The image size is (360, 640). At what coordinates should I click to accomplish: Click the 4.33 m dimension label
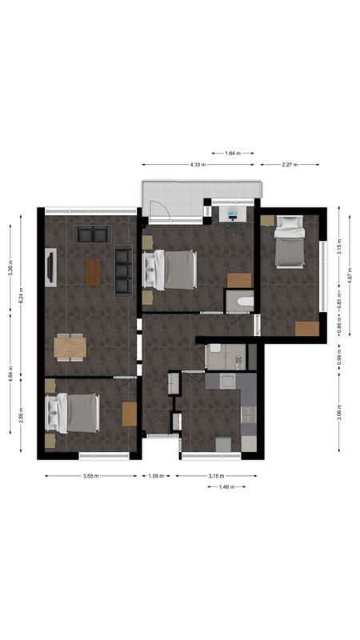[x=198, y=165]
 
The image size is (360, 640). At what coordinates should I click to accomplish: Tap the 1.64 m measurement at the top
[x=233, y=153]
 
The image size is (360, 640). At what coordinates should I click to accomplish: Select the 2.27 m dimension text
[x=290, y=165]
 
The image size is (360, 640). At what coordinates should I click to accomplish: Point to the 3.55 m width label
[x=90, y=476]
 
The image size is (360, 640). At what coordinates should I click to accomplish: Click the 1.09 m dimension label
[x=157, y=476]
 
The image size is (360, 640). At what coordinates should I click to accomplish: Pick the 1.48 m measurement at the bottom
[x=226, y=486]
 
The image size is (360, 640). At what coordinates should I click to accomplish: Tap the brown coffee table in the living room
[x=94, y=272]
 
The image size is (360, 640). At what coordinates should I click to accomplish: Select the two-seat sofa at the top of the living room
[x=92, y=234]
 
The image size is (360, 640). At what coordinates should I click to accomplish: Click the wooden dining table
[x=70, y=346]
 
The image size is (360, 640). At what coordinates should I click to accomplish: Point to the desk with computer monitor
[x=233, y=217]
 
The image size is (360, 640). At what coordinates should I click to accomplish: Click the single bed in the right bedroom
[x=289, y=242]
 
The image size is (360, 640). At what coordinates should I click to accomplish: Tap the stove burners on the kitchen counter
[x=248, y=414]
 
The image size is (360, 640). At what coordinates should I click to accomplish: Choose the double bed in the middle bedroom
[x=174, y=270]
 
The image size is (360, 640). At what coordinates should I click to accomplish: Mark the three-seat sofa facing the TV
[x=123, y=271]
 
